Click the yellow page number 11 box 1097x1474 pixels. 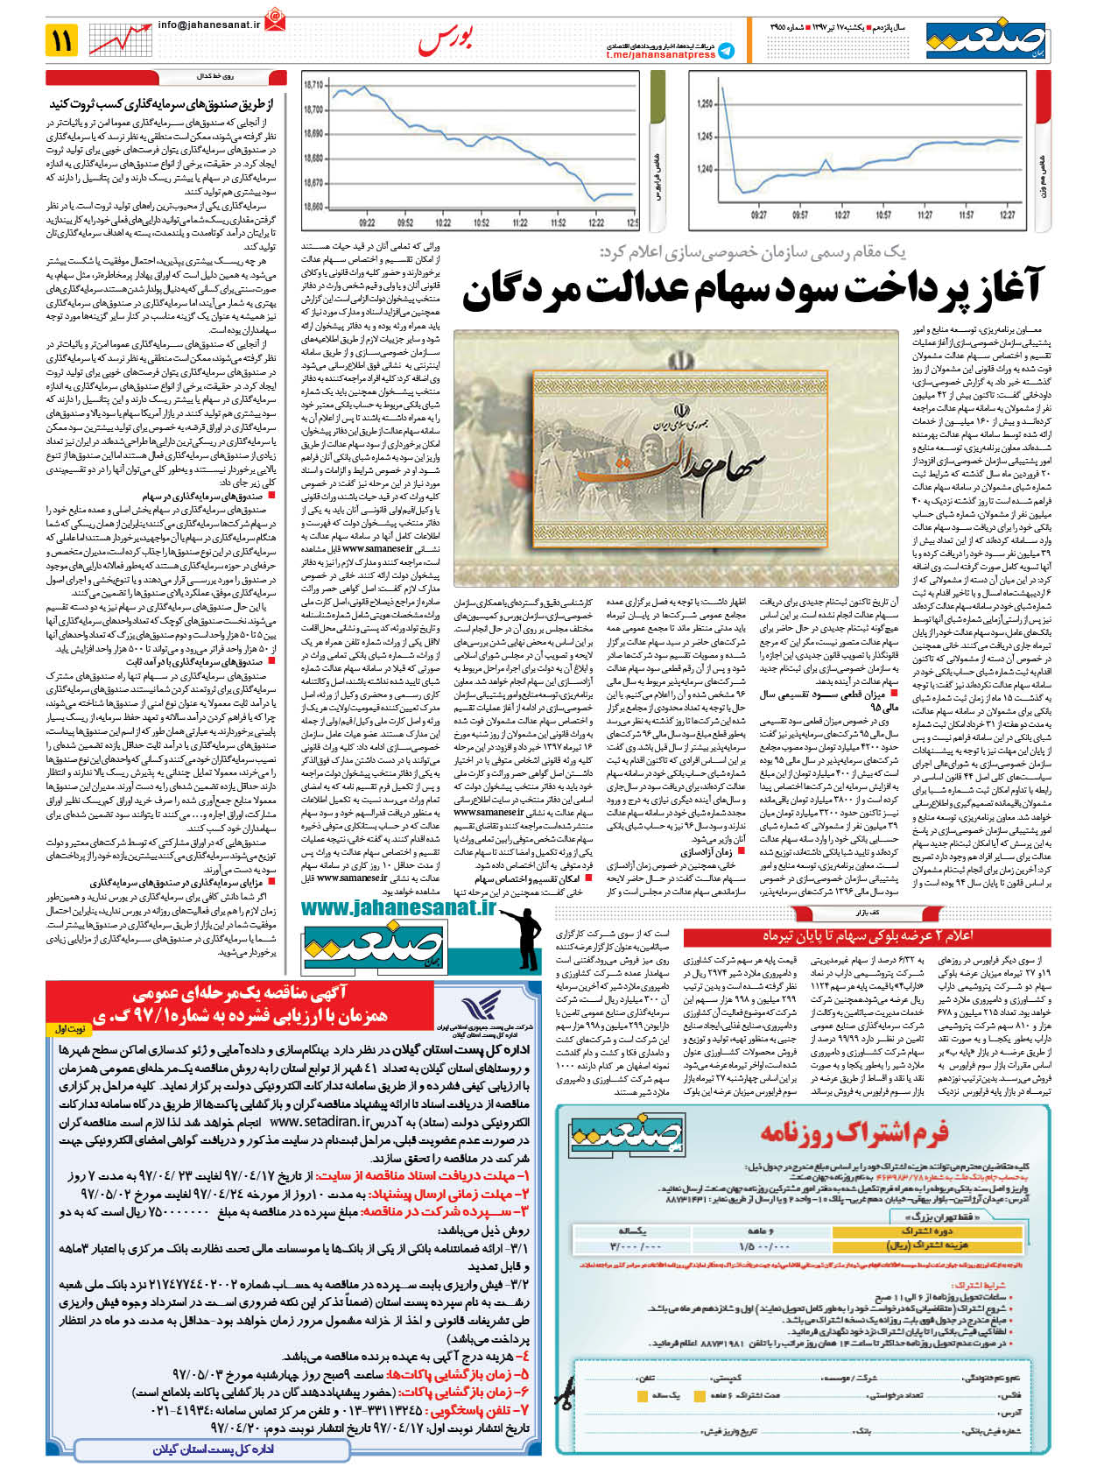pyautogui.click(x=61, y=40)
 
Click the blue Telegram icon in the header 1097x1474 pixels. pyautogui.click(x=727, y=53)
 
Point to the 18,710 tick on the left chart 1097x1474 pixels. pyautogui.click(x=313, y=85)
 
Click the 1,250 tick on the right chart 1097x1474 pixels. pyautogui.click(x=706, y=104)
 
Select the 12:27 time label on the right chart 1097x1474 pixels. pyautogui.click(x=1007, y=215)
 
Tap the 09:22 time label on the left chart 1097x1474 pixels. pyautogui.click(x=367, y=222)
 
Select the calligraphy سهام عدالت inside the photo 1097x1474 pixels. pyautogui.click(x=672, y=464)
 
